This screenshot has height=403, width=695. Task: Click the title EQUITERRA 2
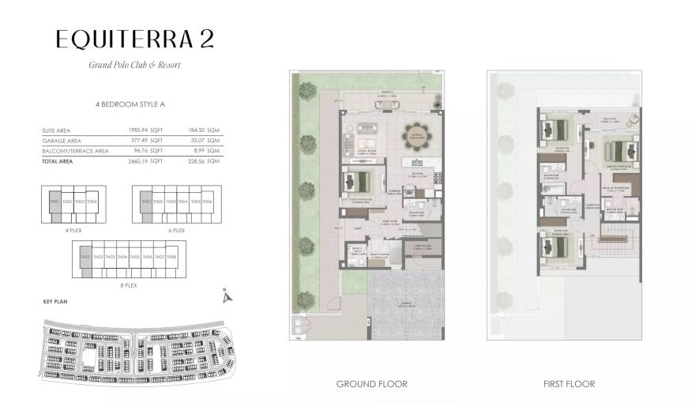click(x=133, y=39)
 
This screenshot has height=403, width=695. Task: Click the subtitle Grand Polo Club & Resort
click(x=133, y=65)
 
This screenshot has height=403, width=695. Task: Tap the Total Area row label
click(x=56, y=160)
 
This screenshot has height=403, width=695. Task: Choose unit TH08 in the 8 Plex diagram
click(x=171, y=257)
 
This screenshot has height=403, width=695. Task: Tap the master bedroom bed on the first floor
click(x=619, y=149)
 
